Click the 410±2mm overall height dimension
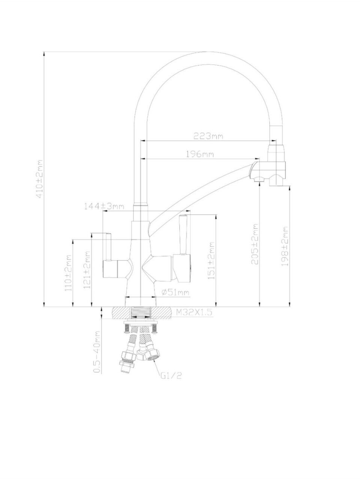(40, 179)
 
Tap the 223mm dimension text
(208, 136)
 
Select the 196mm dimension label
(200, 154)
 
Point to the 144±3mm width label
(104, 206)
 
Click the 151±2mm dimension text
(211, 260)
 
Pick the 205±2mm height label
(255, 244)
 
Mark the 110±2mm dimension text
(68, 273)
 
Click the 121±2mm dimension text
(87, 270)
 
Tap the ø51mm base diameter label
(175, 292)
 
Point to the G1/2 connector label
(171, 376)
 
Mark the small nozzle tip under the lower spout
(259, 179)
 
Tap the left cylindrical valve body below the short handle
(110, 269)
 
